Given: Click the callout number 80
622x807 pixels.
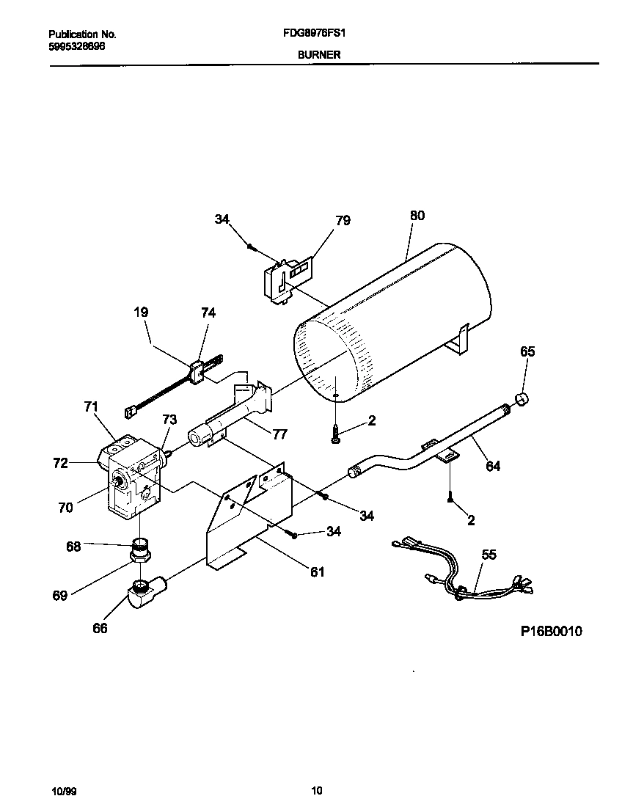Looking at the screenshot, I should (417, 216).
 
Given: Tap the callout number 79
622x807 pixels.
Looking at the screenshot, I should (343, 220).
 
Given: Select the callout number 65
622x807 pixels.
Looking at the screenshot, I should (527, 351).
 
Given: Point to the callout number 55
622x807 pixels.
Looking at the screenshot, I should (489, 555).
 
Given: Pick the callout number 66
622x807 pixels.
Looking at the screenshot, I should (100, 628).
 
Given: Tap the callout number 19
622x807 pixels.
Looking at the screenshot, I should (141, 313).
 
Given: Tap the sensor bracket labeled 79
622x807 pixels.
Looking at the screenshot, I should (286, 278).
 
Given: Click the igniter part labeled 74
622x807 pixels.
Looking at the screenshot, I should (198, 372).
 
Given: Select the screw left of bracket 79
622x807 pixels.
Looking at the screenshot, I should (251, 247).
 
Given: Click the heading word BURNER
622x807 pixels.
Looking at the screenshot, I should (318, 54).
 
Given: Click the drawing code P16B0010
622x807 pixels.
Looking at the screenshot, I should (551, 632).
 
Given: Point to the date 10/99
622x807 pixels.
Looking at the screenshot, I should (64, 791).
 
